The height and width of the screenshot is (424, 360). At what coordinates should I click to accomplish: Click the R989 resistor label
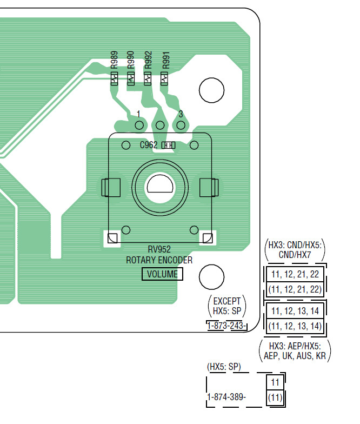[x=115, y=60]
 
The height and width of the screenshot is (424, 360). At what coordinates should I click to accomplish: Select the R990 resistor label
[x=131, y=60]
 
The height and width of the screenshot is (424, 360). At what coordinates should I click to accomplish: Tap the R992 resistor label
[x=148, y=60]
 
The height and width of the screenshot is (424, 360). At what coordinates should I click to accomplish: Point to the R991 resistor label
[x=165, y=60]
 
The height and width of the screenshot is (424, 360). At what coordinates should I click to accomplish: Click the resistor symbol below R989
[x=115, y=79]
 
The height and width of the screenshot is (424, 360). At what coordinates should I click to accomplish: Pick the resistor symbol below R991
[x=164, y=79]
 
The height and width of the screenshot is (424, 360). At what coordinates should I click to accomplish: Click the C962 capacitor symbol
[x=169, y=145]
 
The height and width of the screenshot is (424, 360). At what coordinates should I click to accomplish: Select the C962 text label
[x=148, y=145]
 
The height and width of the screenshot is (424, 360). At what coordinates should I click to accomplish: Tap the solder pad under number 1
[x=139, y=125]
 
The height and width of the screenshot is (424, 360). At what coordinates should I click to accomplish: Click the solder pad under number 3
[x=181, y=125]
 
